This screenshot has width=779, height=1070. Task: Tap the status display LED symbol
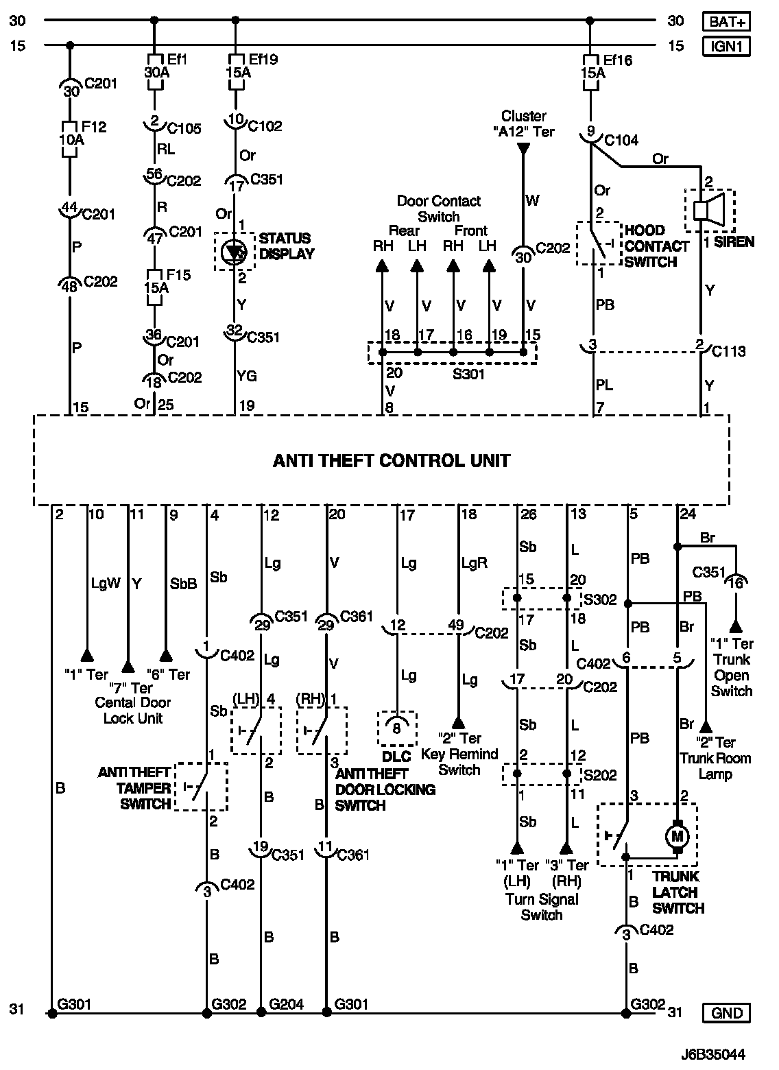click(235, 252)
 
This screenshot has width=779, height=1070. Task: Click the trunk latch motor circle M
click(678, 836)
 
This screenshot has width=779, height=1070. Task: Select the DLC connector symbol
click(396, 728)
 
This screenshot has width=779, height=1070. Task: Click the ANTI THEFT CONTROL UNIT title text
click(392, 460)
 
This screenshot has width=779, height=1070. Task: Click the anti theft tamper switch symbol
click(200, 786)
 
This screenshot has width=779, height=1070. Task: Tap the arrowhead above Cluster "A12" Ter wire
click(523, 148)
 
